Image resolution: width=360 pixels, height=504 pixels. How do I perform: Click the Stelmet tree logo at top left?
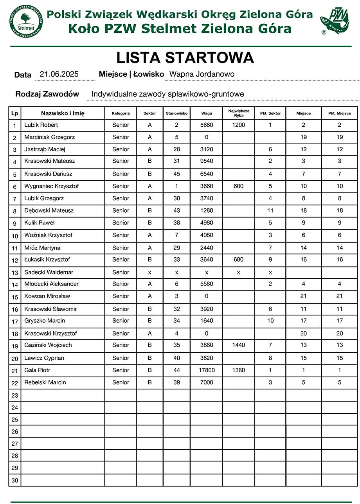pos(26,22)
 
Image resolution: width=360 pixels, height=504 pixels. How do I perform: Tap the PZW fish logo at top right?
pos(335,22)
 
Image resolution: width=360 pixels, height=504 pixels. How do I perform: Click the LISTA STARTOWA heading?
pos(185,58)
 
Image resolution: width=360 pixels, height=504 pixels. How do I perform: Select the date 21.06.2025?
pos(59,74)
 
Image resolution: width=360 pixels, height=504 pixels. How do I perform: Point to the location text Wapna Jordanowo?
pos(202,74)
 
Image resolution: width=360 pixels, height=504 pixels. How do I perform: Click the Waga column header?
pos(207,113)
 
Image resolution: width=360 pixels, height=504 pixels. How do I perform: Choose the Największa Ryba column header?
pos(239,113)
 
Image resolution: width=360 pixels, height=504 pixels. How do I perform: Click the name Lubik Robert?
pos(41,125)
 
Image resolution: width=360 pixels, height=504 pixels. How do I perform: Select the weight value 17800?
pos(207,370)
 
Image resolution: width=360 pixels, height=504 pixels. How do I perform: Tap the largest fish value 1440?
pos(238,345)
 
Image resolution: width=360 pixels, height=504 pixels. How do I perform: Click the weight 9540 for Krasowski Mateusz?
pos(207,161)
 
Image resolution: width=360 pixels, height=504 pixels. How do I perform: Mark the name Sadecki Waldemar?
pos(49,272)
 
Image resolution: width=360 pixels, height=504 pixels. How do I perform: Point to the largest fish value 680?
pos(238,260)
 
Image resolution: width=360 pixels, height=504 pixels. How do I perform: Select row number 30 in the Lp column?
pos(15,480)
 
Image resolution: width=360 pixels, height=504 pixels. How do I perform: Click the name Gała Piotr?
pos(37,370)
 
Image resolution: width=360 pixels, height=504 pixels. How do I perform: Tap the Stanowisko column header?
pos(176,113)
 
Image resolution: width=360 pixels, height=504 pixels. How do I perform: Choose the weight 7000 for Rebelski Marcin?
pos(207,382)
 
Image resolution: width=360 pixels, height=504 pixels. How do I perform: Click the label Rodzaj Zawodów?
pos(47,94)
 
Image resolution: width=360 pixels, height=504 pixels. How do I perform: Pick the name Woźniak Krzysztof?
pos(48,235)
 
